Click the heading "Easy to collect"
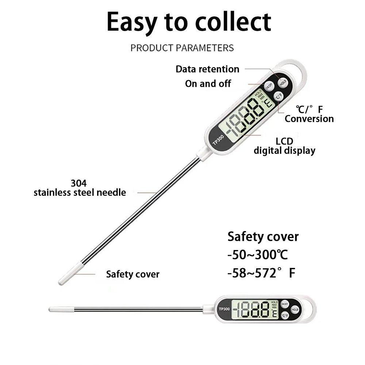(189, 22)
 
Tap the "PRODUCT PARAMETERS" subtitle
(182, 48)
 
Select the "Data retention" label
(207, 69)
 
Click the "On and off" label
(208, 84)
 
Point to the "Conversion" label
(309, 119)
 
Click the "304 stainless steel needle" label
(80, 188)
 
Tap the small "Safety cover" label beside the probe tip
(132, 274)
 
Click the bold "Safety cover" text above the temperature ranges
(263, 237)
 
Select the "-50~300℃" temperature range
(258, 255)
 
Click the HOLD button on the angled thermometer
(282, 82)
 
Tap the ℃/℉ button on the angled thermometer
(279, 97)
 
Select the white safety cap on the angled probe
(70, 274)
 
